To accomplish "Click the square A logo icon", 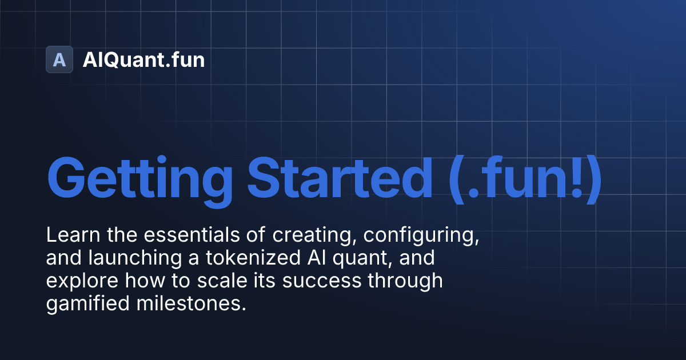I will [x=59, y=59].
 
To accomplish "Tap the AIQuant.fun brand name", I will [x=143, y=59].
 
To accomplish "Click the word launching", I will [x=138, y=259].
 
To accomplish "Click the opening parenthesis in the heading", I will [x=456, y=178].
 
